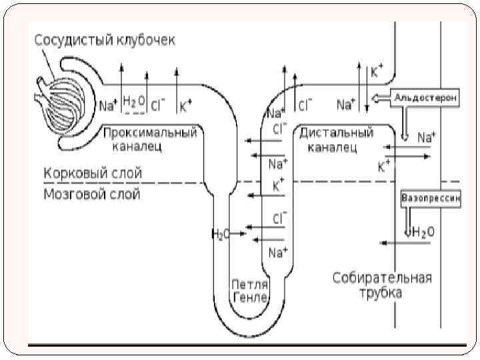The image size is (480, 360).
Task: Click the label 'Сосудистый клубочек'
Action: [x=105, y=41]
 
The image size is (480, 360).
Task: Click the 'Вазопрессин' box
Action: [x=430, y=198]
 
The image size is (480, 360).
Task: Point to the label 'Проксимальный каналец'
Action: [x=151, y=139]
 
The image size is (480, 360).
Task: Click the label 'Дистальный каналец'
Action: [x=336, y=139]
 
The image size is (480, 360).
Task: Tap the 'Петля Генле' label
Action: [x=249, y=291]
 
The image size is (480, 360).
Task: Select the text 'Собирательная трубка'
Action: [x=382, y=285]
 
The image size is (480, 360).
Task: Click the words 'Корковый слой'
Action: [x=93, y=173]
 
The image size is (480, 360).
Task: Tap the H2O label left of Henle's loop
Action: [x=220, y=233]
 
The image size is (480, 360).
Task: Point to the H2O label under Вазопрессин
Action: [x=423, y=232]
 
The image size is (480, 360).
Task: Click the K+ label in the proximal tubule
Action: [x=185, y=104]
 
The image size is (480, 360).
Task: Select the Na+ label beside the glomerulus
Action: [x=108, y=105]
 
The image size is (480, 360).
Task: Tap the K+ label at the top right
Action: [x=377, y=71]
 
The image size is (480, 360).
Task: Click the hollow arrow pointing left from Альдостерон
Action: [x=381, y=98]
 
